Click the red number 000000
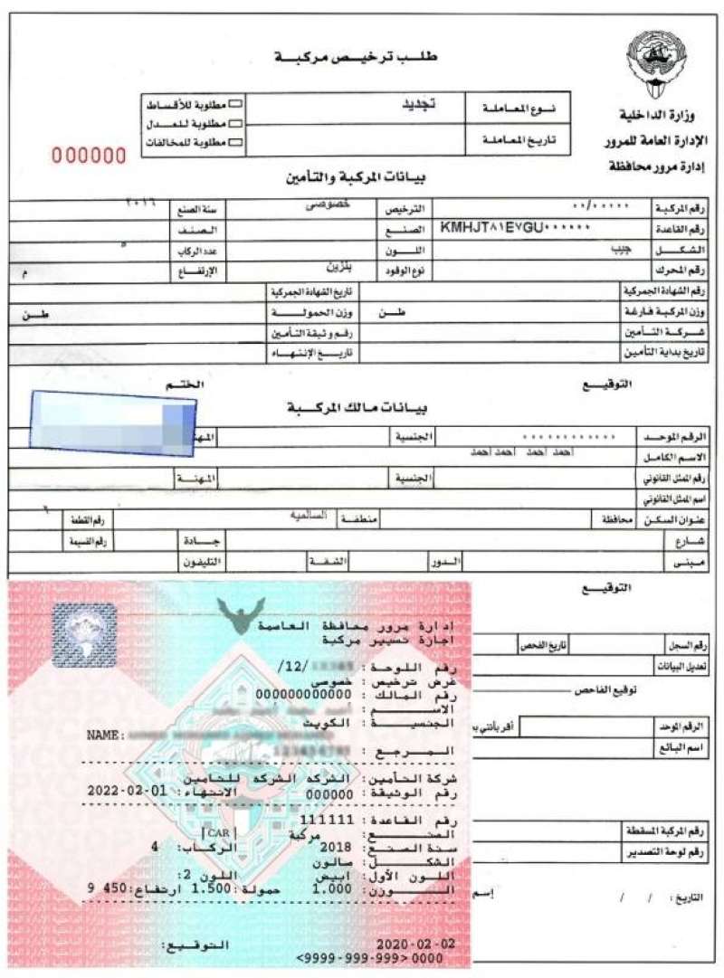pyautogui.click(x=89, y=156)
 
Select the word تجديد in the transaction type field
pyautogui.click(x=418, y=104)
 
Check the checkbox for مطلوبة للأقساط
pyautogui.click(x=236, y=106)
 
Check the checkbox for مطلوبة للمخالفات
pyautogui.click(x=236, y=142)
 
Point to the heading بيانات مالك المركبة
pyautogui.click(x=344, y=407)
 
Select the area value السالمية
pyautogui.click(x=307, y=516)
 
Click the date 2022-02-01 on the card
pyautogui.click(x=127, y=789)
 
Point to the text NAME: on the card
pyautogui.click(x=109, y=736)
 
